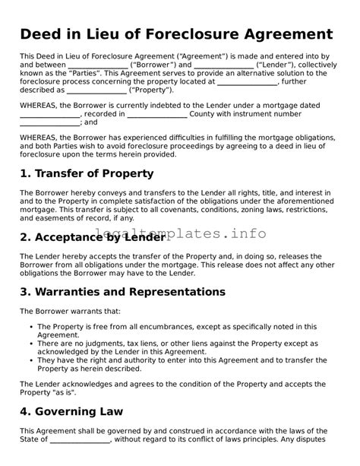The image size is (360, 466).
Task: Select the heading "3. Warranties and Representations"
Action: pyautogui.click(x=122, y=292)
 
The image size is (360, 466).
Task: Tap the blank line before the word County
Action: pyautogui.click(x=156, y=114)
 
